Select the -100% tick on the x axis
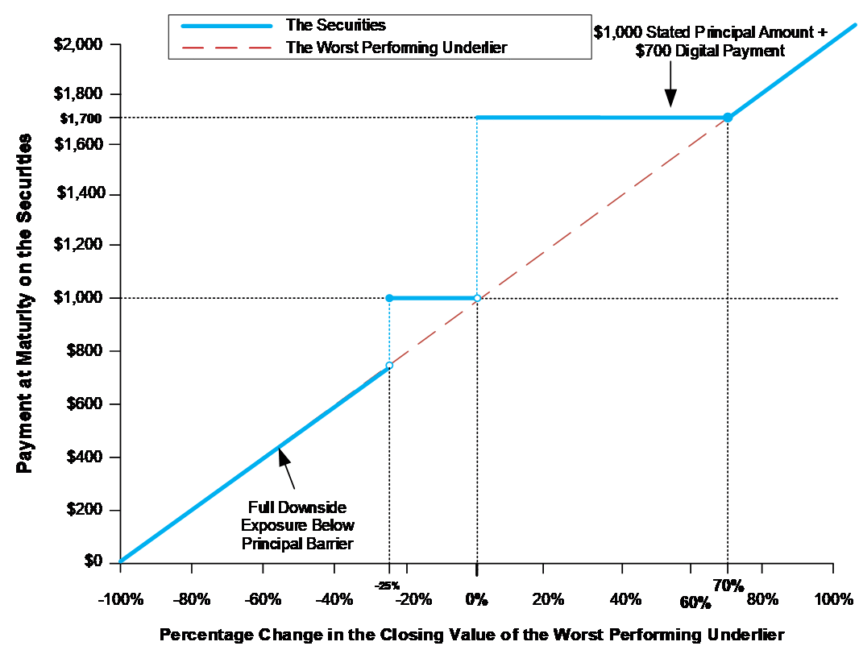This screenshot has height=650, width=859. [x=120, y=599]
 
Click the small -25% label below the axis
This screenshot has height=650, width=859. [x=388, y=586]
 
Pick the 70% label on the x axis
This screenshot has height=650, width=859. [x=728, y=584]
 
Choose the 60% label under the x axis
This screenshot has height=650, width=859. [x=695, y=602]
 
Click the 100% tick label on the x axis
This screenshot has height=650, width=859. [x=833, y=599]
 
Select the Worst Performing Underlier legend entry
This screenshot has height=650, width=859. [x=396, y=47]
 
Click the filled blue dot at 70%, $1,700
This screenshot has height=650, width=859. [x=728, y=118]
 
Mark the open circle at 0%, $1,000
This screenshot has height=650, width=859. [x=477, y=298]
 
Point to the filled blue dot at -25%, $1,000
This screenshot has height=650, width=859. [x=389, y=298]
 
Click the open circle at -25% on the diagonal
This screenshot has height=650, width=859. [x=389, y=366]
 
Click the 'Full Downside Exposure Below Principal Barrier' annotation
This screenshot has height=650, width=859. [x=297, y=525]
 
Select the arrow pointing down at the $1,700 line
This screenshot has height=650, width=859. [x=670, y=94]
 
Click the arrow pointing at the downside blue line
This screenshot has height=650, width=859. [x=286, y=467]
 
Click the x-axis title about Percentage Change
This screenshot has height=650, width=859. [x=471, y=633]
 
